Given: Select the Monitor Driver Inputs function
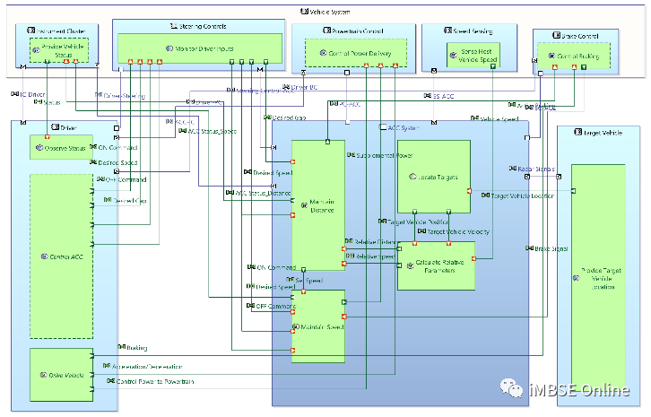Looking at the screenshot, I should [187, 48].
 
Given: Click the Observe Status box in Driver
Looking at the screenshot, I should [60, 147].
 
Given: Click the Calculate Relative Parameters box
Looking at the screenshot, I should [435, 266].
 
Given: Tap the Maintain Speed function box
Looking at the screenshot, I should [317, 326].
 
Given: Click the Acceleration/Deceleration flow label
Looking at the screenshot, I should [148, 367].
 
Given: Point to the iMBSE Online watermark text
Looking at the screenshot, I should [580, 390].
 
